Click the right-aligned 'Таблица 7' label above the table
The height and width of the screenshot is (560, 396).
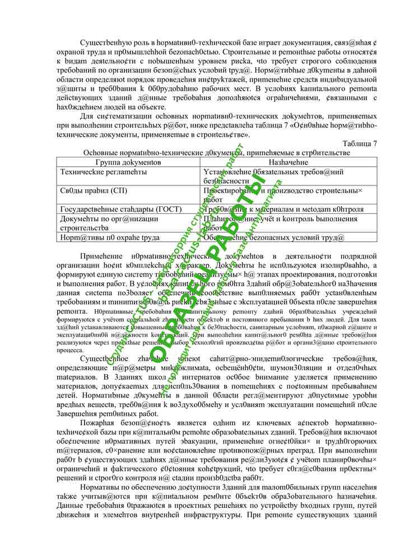(x=359, y=144)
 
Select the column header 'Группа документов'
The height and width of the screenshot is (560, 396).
(x=128, y=162)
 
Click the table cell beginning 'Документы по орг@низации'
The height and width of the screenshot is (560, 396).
(x=101, y=219)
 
